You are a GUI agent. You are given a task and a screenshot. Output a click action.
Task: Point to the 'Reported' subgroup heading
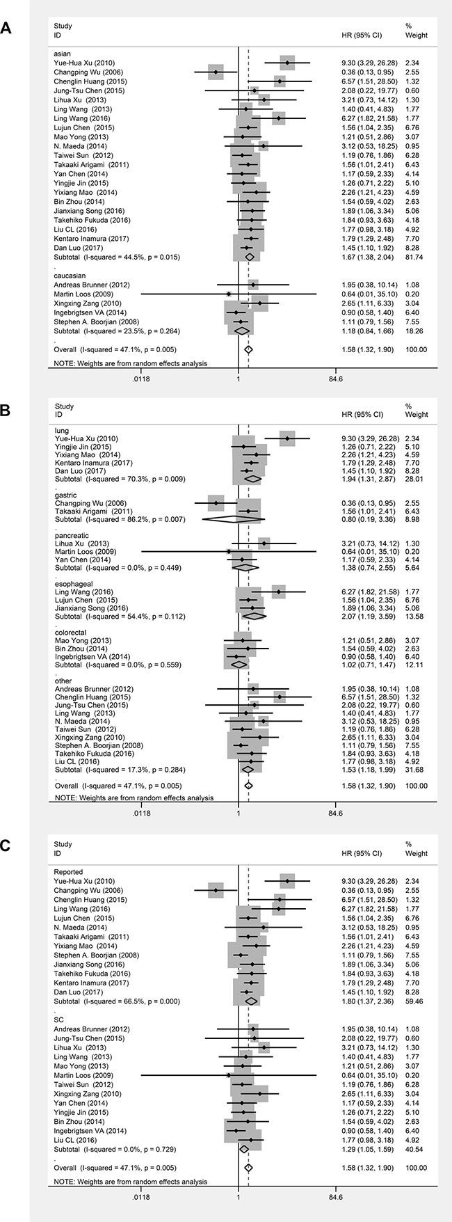(69, 871)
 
